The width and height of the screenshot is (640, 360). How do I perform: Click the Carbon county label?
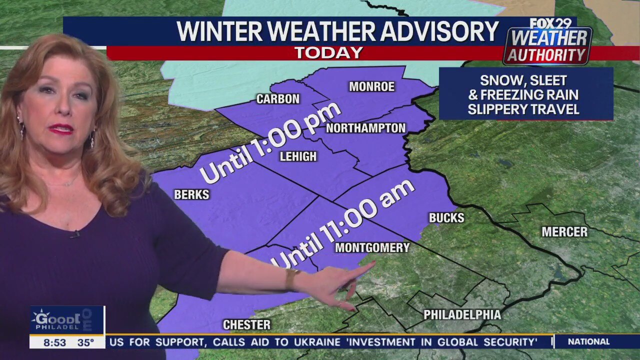click(x=278, y=99)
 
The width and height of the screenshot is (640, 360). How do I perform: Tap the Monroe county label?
click(x=371, y=87)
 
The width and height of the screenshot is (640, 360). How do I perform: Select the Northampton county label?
click(x=365, y=128)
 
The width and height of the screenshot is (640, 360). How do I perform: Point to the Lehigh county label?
click(x=298, y=156)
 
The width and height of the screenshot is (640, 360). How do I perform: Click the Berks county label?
click(x=191, y=194)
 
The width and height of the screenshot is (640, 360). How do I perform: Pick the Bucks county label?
click(x=446, y=218)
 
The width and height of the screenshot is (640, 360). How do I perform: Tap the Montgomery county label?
click(x=372, y=247)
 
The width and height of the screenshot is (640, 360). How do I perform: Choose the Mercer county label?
click(x=564, y=232)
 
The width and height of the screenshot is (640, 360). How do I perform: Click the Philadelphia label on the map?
click(x=462, y=315)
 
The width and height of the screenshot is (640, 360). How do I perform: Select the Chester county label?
click(x=246, y=325)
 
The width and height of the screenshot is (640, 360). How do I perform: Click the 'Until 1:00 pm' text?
click(x=270, y=142)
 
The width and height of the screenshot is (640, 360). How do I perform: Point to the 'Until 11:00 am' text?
click(x=344, y=223)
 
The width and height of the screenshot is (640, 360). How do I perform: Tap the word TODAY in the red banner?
click(x=328, y=53)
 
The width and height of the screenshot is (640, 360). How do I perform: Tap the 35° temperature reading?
click(x=85, y=342)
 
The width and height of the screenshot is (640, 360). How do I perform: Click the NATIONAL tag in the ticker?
click(x=588, y=342)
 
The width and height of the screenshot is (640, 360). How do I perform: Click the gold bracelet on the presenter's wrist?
click(x=292, y=279)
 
